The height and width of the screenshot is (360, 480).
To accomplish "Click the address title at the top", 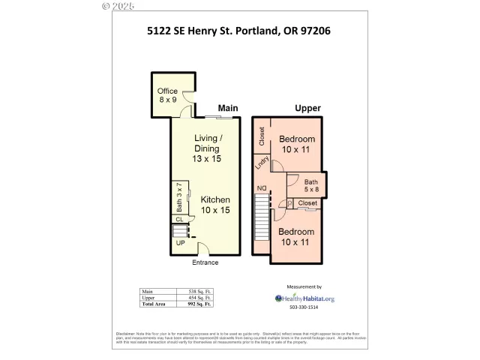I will pos(238,31).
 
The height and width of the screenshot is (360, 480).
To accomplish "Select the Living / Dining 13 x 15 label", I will pos(207,148).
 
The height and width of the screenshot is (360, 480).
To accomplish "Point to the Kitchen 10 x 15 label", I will pos(214,205).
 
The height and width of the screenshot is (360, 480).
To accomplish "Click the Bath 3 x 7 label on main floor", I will pos(179,198).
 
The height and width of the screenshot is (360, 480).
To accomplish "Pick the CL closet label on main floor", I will pos(180,219).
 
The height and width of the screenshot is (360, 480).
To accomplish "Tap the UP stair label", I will pos(180,243).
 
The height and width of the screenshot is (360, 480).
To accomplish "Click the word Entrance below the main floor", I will pos(205,262).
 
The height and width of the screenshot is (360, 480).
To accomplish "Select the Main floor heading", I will pos(228,109).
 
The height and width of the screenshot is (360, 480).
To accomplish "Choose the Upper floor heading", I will pos(307,109).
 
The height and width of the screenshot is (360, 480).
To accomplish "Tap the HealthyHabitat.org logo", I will pos(304,298).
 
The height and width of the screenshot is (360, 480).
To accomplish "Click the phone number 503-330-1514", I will pos(304,307).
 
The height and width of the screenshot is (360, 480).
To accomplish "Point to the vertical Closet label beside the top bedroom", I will pos(262,136).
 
